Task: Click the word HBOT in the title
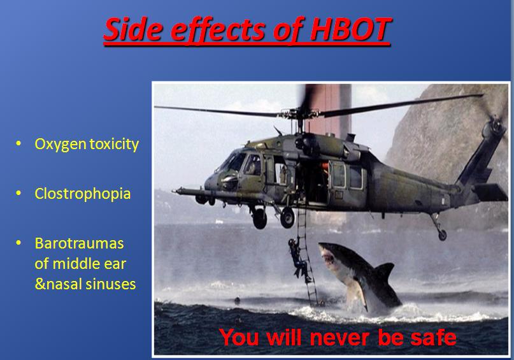tap(350, 29)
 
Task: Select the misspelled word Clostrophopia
tap(83, 194)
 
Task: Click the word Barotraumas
tap(80, 243)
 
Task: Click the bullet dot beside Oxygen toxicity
tap(18, 143)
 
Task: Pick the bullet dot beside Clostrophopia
tap(18, 193)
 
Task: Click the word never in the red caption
tap(341, 337)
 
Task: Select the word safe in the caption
tap(433, 337)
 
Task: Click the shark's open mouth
tap(328, 257)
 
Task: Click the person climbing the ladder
tap(299, 261)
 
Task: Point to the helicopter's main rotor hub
tap(299, 114)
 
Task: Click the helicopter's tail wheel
tap(442, 234)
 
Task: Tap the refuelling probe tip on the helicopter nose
tap(175, 190)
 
